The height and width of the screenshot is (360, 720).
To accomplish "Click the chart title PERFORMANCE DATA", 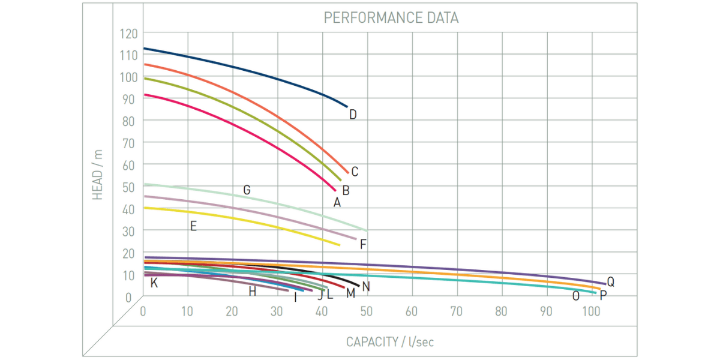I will pos(391,17).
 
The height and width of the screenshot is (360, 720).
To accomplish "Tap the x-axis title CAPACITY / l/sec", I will pos(389,342).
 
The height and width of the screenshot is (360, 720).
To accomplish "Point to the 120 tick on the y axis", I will pos(129,33).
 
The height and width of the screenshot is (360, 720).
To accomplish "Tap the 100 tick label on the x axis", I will pos(591,311).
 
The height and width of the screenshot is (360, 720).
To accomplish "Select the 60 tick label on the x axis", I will pos(412,311).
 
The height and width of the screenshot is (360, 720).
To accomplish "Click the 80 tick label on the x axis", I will pos(501,311).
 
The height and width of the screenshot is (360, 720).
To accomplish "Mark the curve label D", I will pos(353,115).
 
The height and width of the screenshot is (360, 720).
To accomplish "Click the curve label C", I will pos(355,172).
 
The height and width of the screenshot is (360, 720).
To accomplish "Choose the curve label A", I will pos(337,203).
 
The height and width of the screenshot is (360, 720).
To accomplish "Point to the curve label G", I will pos(247,190).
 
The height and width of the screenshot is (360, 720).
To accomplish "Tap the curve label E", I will pos(193,226).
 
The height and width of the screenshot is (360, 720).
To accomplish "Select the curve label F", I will pos(363,244).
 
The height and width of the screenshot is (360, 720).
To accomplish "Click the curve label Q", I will pos(611,281).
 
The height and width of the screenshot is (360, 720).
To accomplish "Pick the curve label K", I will pos(154,283).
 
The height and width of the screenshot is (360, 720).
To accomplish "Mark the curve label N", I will pos(366,287).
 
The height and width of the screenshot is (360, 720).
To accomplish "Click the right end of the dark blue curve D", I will pos(347,107).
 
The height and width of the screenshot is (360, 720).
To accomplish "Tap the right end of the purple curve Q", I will pos(605,284).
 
